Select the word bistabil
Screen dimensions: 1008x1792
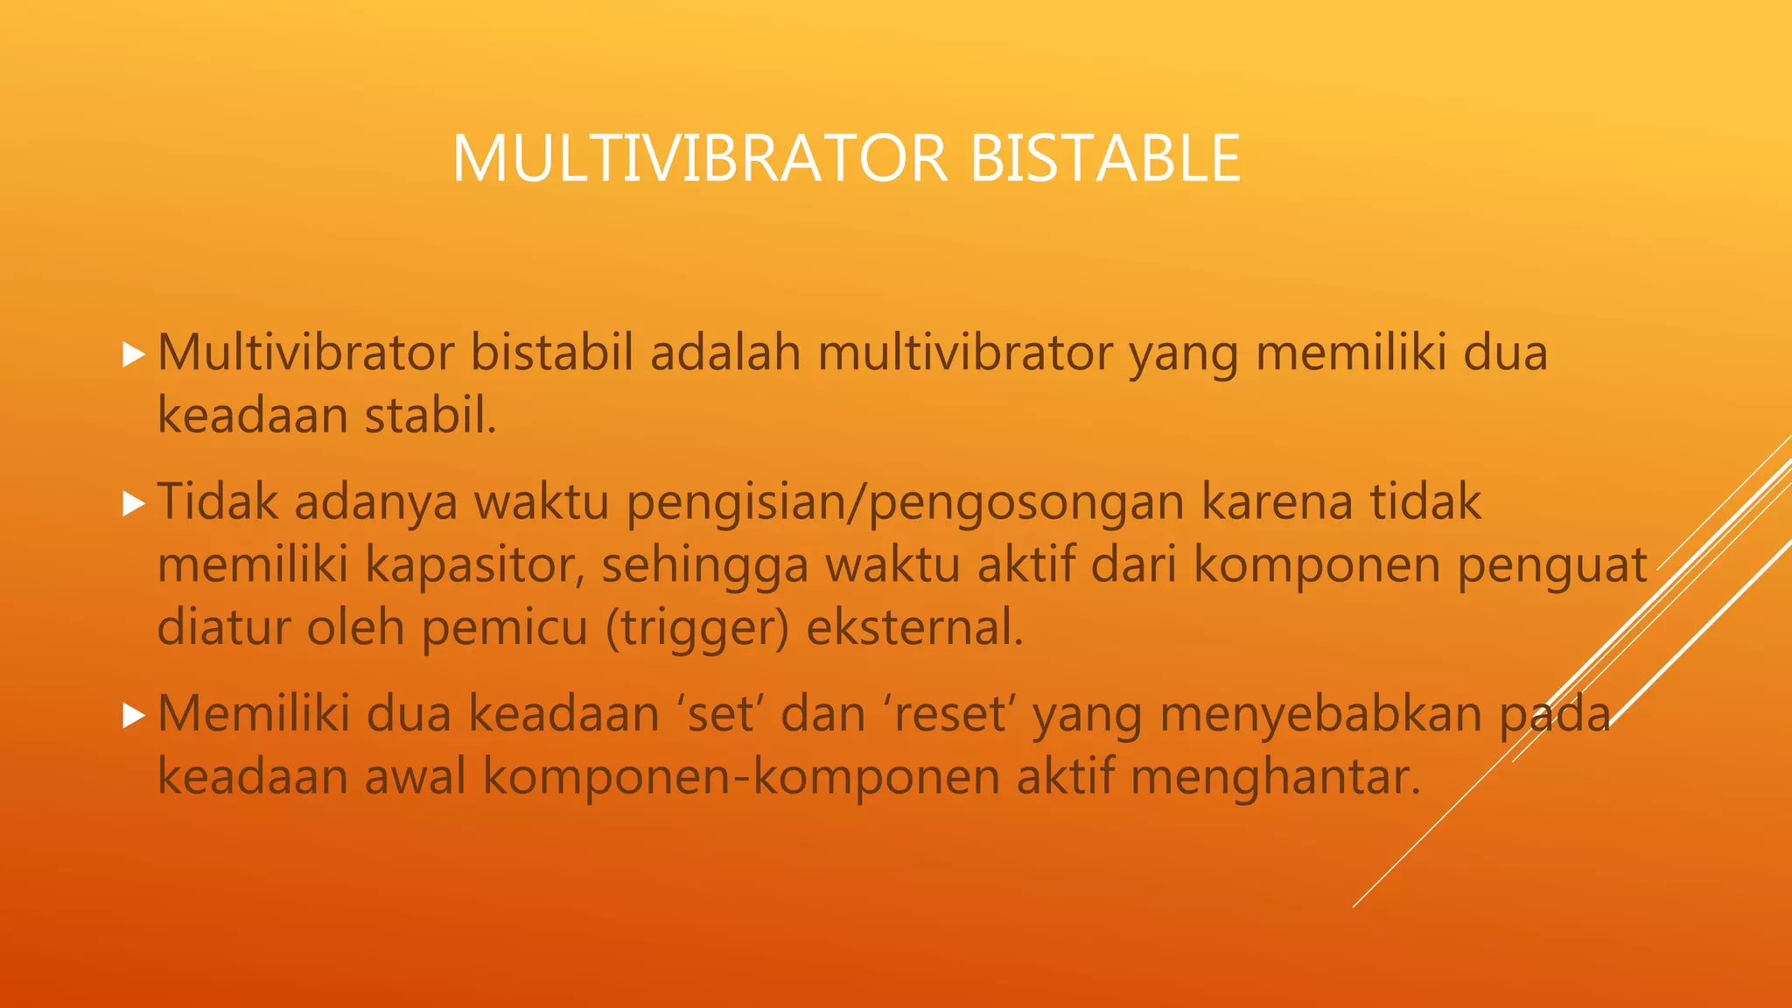point(551,353)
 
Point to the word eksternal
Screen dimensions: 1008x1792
point(913,627)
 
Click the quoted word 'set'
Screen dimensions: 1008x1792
point(720,714)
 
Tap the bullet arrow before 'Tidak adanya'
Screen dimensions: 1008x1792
point(133,504)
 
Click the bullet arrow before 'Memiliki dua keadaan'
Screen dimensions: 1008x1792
point(133,716)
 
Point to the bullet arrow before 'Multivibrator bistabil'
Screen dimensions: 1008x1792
point(133,354)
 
